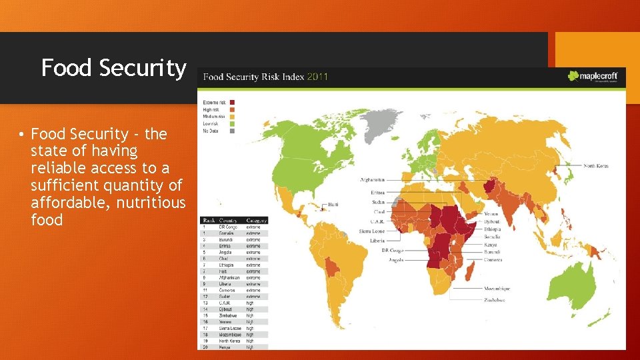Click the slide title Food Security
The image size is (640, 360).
tap(113, 68)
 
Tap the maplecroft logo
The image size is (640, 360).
tap(593, 76)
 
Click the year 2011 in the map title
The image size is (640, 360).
tap(317, 77)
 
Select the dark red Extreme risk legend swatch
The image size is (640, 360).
tap(231, 102)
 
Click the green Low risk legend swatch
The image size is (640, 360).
tap(231, 123)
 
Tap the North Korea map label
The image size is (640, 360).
tap(596, 165)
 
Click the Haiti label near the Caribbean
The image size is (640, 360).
tap(334, 205)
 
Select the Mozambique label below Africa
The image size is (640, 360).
tap(498, 289)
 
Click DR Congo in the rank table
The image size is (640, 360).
tap(228, 227)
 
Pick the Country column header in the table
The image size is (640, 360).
tap(229, 220)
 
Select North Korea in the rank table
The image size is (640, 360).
tap(230, 341)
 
